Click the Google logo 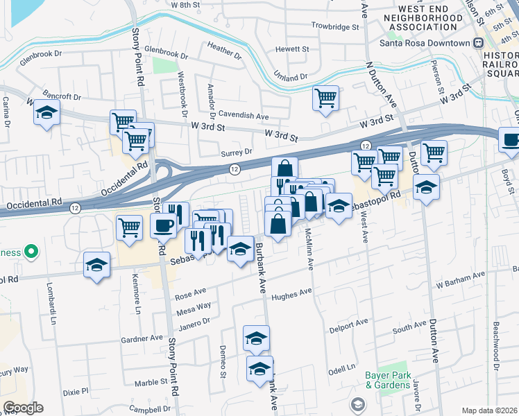click(23, 408)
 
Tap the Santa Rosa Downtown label click(425, 42)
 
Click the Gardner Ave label click(142, 338)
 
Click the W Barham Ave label click(459, 281)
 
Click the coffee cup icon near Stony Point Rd click(164, 225)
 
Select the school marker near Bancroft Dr click(46, 113)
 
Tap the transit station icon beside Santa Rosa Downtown click(478, 42)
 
